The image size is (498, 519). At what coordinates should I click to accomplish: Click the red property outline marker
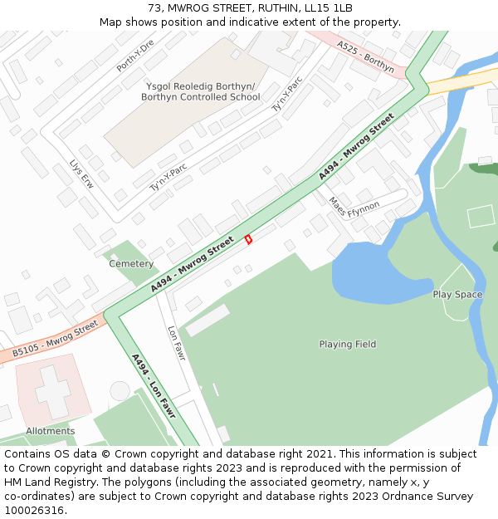point(248,239)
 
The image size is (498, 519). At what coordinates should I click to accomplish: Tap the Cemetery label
point(131,264)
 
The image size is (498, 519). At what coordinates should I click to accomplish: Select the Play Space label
point(457,295)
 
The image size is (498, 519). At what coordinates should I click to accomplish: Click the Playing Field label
point(348,345)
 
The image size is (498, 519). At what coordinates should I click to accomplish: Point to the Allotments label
point(50,431)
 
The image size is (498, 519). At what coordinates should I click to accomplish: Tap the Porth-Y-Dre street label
point(135,55)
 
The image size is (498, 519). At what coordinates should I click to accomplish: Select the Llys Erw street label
point(81,175)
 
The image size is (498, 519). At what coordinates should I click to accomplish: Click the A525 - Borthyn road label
point(366,56)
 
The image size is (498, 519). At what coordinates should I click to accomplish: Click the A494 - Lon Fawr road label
point(154,387)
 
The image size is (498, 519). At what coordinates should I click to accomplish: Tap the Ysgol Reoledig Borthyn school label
point(200,91)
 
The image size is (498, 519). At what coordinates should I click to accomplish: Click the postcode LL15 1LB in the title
point(326,8)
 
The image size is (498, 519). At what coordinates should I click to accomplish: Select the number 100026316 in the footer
point(34,510)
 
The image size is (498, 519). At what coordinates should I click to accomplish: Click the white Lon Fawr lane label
point(176,343)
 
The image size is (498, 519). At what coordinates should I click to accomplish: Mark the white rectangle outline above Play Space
point(481,216)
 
